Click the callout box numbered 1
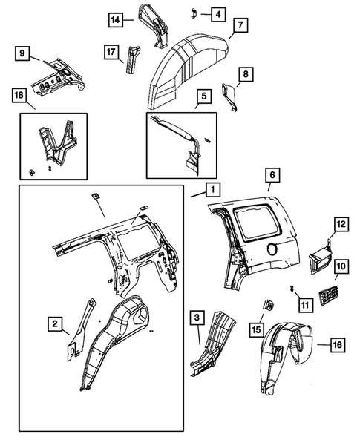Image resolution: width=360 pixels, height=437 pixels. [212, 191]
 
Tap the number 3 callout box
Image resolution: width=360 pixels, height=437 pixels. [195, 317]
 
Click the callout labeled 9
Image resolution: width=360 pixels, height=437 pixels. [22, 53]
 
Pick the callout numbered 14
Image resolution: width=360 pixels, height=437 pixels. [115, 19]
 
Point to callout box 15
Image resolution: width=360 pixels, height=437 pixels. [257, 329]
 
